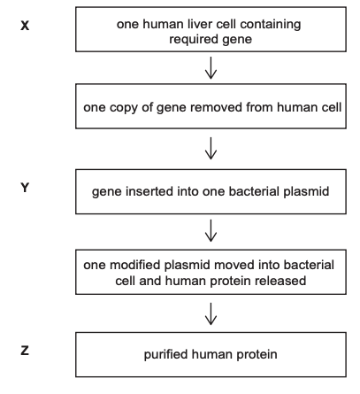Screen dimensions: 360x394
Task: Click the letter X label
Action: click(x=25, y=26)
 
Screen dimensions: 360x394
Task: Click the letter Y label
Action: click(x=25, y=188)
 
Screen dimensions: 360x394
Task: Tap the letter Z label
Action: click(x=25, y=351)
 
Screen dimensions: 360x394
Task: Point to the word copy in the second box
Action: click(x=123, y=108)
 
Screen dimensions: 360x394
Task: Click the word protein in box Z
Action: click(x=257, y=355)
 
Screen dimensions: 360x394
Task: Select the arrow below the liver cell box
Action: click(x=211, y=68)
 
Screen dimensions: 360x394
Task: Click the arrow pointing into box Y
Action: click(x=211, y=149)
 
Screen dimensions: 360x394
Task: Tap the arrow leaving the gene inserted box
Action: click(x=211, y=231)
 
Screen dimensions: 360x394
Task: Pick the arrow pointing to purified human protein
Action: click(x=211, y=314)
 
